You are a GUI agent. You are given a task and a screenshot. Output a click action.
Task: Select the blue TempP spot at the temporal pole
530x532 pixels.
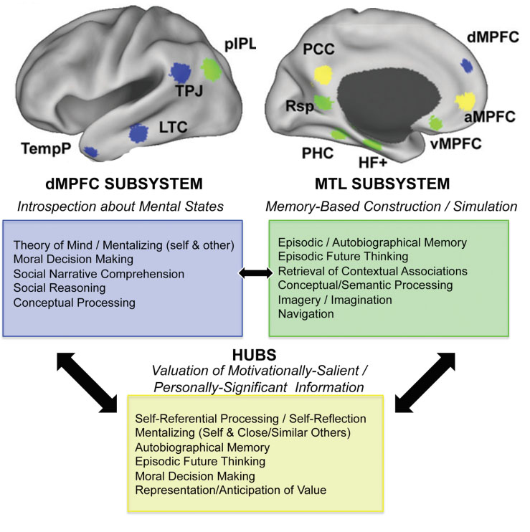[x=90, y=151]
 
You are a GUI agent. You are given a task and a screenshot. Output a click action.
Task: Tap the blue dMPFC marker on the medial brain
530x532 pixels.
[x=467, y=66]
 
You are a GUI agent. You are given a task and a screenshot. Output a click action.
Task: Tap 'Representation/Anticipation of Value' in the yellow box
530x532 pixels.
[x=230, y=490]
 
